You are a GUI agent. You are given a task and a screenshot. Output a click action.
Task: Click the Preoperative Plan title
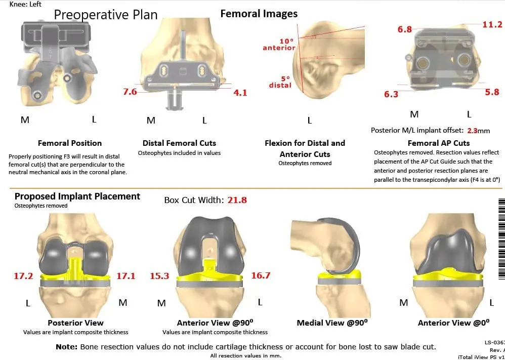pos(106,15)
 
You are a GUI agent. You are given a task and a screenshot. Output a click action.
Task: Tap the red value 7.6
pos(130,92)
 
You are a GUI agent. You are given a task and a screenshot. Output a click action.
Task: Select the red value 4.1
pos(240,93)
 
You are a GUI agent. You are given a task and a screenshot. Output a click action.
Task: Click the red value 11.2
pos(492,24)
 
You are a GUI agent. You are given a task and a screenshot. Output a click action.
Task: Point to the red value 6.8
pos(404,30)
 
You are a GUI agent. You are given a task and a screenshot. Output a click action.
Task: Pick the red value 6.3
pos(391,94)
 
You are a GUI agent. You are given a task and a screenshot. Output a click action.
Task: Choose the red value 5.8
pos(492,92)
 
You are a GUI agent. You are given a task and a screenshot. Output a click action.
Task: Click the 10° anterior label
pos(279,44)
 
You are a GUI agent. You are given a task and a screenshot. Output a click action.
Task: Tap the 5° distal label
pos(280,82)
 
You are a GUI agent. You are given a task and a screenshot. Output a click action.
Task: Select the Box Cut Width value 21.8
pos(237,200)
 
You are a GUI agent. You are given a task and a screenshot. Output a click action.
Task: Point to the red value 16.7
pos(261,275)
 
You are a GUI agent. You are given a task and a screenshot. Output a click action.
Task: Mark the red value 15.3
pos(159,276)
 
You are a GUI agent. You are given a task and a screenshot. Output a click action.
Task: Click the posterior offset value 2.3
pos(472,130)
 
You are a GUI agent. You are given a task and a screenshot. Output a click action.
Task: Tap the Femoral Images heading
pos(259,14)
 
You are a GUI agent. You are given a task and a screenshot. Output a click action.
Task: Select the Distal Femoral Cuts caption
pos(179,143)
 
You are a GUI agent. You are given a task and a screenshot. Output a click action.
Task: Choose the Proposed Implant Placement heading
pos(77,196)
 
